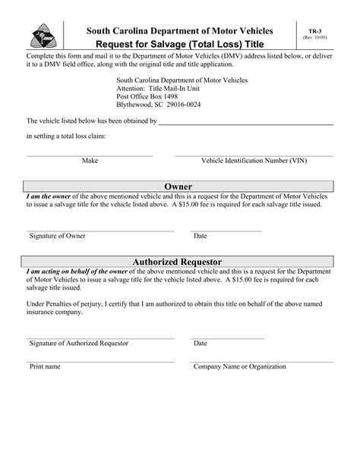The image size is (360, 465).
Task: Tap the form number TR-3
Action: coord(314,30)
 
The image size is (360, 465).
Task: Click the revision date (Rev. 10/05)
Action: coord(314,37)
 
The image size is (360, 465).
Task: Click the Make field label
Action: coord(90,161)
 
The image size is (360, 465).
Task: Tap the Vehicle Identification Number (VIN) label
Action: coord(254,161)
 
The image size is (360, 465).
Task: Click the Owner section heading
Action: coord(178,187)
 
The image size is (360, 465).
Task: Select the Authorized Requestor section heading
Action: coord(178,262)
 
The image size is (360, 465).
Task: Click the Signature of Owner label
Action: coord(58,236)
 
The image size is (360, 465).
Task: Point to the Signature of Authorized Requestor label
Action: coord(79,343)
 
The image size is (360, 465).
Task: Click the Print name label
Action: coord(45,366)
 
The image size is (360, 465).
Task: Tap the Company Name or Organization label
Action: coord(239,366)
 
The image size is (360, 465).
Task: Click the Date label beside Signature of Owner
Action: coord(201,236)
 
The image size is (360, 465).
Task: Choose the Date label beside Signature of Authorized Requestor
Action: coord(201,343)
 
